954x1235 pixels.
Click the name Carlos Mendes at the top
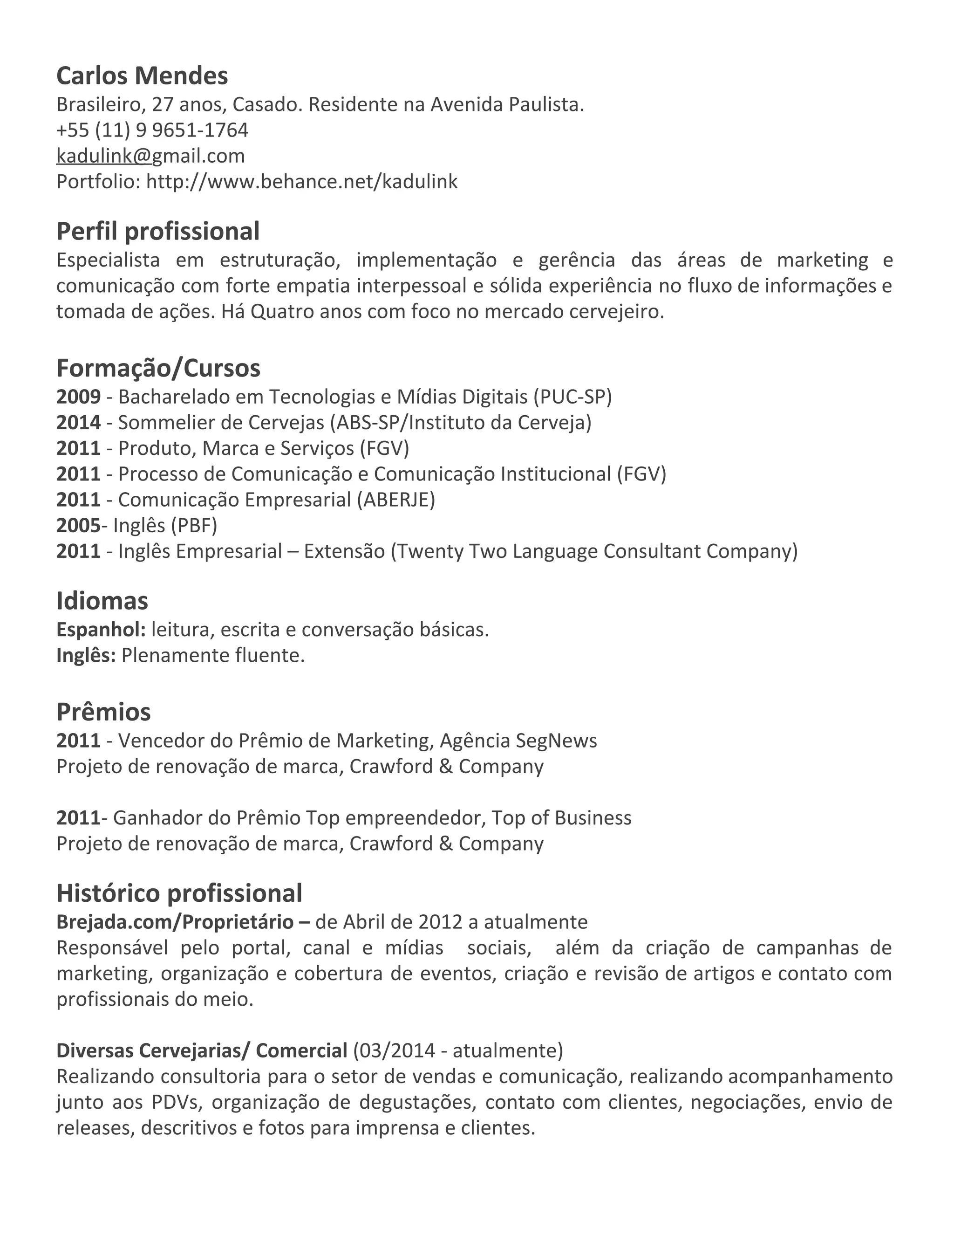142,76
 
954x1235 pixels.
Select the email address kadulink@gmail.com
150,156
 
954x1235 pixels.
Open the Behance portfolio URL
302,181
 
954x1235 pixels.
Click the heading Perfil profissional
158,231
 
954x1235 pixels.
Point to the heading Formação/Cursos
158,368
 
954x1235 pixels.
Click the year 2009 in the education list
79,397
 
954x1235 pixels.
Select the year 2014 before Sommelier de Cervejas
79,422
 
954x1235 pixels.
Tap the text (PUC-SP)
572,397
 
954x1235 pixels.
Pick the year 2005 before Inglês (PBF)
79,525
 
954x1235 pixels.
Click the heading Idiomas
102,601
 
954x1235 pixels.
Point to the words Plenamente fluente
213,655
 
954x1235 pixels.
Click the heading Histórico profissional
179,893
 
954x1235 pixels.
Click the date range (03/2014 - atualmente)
458,1050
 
